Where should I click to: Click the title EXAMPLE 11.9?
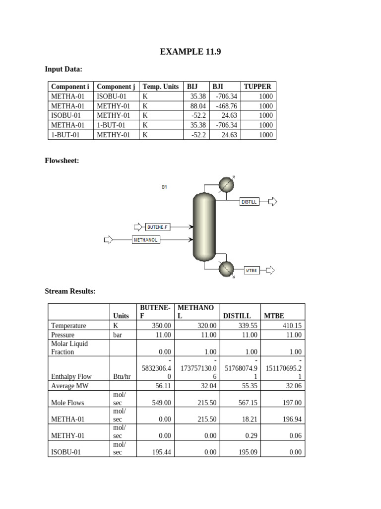point(190,52)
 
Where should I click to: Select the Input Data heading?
point(63,69)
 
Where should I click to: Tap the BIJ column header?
point(192,86)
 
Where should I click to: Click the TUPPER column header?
point(257,86)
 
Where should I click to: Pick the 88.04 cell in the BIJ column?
point(198,106)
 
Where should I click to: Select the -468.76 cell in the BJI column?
point(226,106)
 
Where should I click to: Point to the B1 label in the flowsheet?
point(164,187)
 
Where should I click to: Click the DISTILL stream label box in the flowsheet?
point(249,202)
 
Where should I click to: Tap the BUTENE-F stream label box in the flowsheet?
point(157,227)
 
